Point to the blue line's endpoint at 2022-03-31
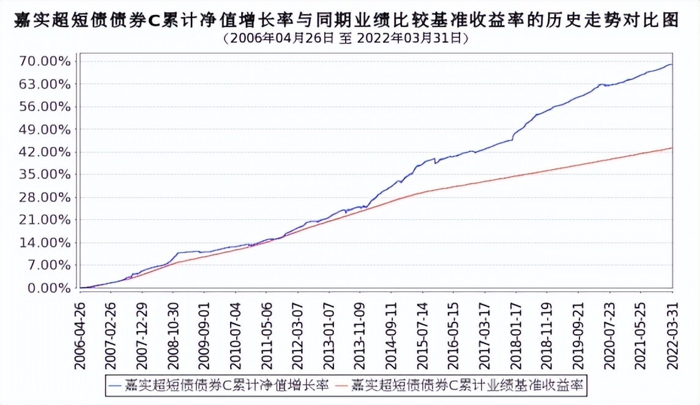(x=672, y=64)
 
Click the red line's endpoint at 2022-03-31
(x=672, y=147)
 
